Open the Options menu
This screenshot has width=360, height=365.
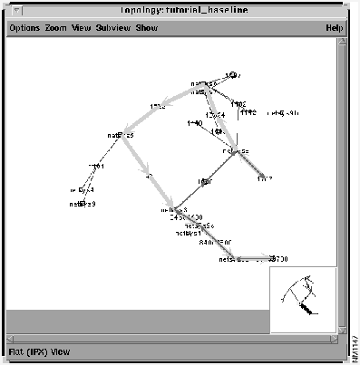[x=24, y=28]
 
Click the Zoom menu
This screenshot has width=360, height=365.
[x=55, y=28]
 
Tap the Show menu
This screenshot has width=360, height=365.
[x=146, y=28]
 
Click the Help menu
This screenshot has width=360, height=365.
[x=334, y=28]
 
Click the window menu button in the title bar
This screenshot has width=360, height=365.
[x=15, y=10]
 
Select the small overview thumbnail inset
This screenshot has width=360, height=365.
[x=303, y=300]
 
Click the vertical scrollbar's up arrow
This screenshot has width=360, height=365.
[x=343, y=43]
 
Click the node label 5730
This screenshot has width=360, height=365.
[x=278, y=259]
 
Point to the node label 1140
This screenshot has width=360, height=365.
[x=194, y=122]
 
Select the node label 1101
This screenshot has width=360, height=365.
[x=97, y=167]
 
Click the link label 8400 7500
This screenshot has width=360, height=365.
[x=215, y=242]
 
